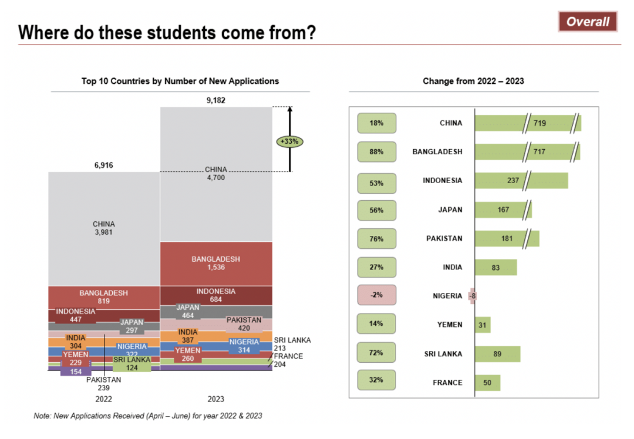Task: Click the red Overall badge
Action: tap(588, 22)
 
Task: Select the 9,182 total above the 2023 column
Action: tap(215, 100)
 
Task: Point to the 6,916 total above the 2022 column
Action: tap(103, 166)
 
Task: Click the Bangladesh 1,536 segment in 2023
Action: tap(215, 263)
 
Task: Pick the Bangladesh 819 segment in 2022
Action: tap(103, 297)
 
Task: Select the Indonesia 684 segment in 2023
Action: tap(215, 295)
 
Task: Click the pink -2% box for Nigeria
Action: tap(377, 295)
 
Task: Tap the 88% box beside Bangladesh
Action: tap(377, 151)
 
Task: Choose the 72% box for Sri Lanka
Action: tap(377, 353)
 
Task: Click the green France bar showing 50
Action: tap(487, 383)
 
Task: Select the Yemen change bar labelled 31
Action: tap(483, 325)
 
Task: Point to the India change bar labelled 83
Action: tap(495, 268)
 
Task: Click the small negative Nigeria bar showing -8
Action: tap(472, 296)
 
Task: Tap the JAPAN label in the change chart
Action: tap(450, 210)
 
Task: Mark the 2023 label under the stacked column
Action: tap(215, 399)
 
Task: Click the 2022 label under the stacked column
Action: tap(103, 399)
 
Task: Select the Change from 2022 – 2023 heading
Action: tap(473, 81)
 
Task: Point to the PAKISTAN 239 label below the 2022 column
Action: tap(103, 383)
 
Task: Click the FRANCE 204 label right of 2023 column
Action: tap(288, 360)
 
